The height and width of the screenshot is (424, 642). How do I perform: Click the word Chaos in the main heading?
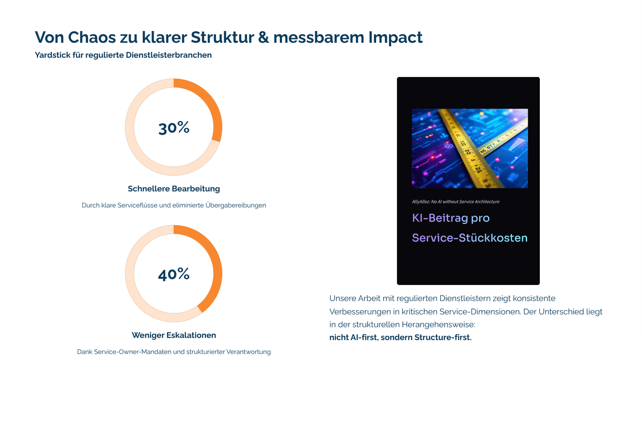pyautogui.click(x=92, y=37)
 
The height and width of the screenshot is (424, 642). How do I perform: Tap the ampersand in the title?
pyautogui.click(x=263, y=37)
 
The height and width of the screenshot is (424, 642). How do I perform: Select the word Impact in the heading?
pyautogui.click(x=395, y=38)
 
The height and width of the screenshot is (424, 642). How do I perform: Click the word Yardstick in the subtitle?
pyautogui.click(x=52, y=55)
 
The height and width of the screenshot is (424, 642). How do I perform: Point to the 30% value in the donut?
pyautogui.click(x=174, y=127)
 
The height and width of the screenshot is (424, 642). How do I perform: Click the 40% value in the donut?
pyautogui.click(x=174, y=274)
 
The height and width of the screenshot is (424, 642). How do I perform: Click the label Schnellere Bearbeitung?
pyautogui.click(x=174, y=189)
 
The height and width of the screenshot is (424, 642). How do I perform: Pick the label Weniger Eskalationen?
pyautogui.click(x=174, y=335)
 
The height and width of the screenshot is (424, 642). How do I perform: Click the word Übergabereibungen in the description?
pyautogui.click(x=235, y=205)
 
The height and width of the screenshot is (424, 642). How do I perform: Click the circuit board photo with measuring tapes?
pyautogui.click(x=470, y=149)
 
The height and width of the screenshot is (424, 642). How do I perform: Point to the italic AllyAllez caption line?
pyautogui.click(x=455, y=202)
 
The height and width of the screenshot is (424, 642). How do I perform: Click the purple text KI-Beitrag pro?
pyautogui.click(x=451, y=218)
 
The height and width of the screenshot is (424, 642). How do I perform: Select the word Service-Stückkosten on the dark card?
pyautogui.click(x=470, y=238)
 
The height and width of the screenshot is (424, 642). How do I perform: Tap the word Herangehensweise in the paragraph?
pyautogui.click(x=438, y=325)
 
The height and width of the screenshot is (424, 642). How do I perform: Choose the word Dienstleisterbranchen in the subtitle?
pyautogui.click(x=169, y=55)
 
